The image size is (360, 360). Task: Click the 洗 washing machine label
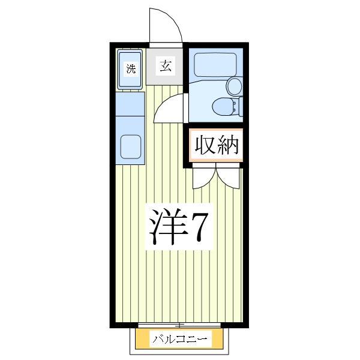(130, 68)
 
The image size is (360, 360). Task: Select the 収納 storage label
(216, 145)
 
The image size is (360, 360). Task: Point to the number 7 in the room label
(199, 227)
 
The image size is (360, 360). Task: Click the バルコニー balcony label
(180, 340)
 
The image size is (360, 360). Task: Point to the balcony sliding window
(180, 326)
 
